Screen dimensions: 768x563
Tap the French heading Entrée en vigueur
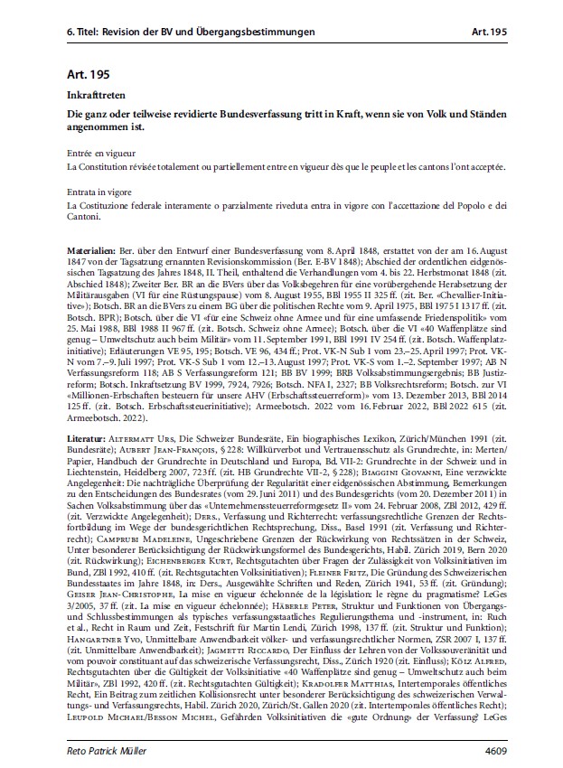coord(103,155)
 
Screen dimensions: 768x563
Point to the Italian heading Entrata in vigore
coord(102,193)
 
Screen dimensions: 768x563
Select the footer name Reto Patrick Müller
coord(112,750)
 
